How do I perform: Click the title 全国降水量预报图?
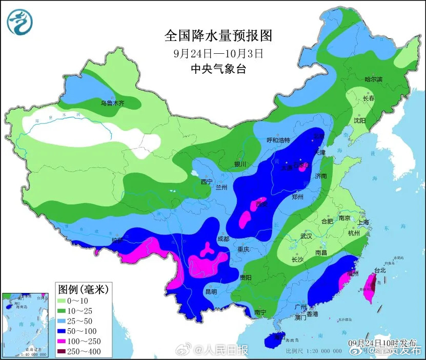[217, 35]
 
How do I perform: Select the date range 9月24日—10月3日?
[218, 53]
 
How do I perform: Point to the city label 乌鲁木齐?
[112, 103]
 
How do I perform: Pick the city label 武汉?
[307, 237]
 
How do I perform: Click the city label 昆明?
[211, 291]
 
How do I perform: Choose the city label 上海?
[363, 222]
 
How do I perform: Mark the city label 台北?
[379, 270]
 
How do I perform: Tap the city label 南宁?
[260, 311]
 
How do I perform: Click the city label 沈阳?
[359, 120]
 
